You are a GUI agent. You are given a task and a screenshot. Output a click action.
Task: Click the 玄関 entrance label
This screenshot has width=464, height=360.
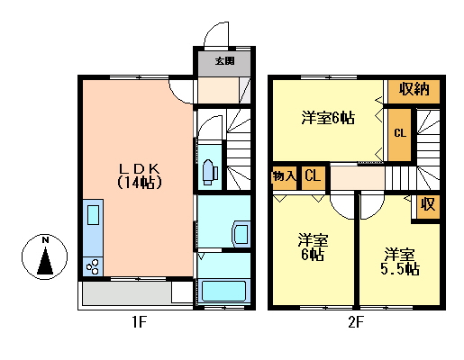click(x=224, y=61)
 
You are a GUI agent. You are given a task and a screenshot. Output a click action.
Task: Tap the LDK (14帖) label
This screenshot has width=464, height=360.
click(x=140, y=176)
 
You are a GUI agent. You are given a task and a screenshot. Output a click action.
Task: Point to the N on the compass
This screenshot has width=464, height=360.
click(x=45, y=240)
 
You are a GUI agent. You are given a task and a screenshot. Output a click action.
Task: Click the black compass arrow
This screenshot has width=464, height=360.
click(x=45, y=261)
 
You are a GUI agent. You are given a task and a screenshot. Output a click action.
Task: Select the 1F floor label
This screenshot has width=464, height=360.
click(x=140, y=323)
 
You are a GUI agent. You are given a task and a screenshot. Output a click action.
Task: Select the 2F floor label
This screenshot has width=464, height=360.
click(x=356, y=323)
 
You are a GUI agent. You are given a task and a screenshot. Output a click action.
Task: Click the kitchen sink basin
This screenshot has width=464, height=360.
click(x=93, y=215)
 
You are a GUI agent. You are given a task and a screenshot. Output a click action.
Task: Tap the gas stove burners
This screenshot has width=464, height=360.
click(x=93, y=266)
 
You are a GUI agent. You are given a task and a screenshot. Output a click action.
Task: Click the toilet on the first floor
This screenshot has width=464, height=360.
click(x=210, y=172)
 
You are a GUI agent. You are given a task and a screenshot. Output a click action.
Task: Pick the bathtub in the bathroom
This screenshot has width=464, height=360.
click(x=224, y=291)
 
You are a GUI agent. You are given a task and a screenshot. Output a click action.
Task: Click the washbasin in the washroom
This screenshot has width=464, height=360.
click(x=241, y=234)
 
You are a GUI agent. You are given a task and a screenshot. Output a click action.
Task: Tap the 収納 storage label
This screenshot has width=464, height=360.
click(x=414, y=89)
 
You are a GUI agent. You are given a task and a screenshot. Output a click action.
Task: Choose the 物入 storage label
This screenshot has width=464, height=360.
click(x=284, y=176)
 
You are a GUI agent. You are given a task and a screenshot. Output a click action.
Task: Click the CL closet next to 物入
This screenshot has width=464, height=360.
click(x=313, y=175)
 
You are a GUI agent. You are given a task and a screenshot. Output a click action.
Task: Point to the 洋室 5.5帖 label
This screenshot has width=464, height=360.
click(x=400, y=262)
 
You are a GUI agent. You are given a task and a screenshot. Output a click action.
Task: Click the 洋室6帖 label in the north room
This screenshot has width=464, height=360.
click(x=328, y=118)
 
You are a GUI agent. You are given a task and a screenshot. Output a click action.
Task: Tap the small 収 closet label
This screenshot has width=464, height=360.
click(x=428, y=204)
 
